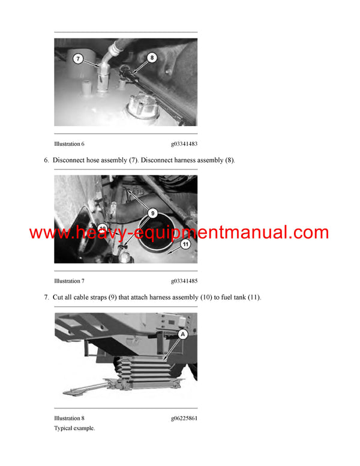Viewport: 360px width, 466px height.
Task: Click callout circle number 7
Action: [79, 59]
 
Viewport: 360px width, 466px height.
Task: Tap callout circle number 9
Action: [152, 213]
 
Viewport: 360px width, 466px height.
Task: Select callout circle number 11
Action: [185, 244]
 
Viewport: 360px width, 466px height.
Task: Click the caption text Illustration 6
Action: [69, 144]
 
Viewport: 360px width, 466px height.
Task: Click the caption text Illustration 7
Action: [69, 281]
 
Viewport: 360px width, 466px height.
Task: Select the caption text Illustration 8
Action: [69, 418]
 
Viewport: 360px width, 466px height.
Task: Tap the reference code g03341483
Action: [184, 144]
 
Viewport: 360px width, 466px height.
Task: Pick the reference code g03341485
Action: [184, 281]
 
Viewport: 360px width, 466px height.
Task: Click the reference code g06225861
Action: [184, 418]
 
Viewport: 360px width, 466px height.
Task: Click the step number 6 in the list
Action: [46, 160]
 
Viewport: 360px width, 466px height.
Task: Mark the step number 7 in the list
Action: [46, 297]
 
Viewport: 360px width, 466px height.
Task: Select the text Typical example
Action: [74, 428]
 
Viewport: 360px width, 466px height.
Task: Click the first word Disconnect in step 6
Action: [71, 160]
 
